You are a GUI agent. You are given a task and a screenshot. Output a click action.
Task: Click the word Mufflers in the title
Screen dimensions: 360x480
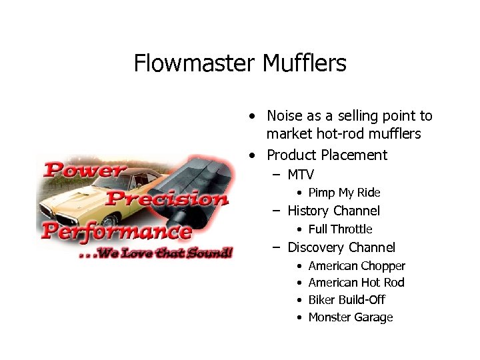[304, 63]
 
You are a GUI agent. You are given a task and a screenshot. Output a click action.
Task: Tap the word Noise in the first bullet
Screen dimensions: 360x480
[285, 116]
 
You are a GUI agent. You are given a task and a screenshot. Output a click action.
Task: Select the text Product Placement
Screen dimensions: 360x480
[327, 155]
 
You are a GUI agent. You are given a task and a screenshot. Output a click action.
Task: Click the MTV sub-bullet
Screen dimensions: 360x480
[301, 175]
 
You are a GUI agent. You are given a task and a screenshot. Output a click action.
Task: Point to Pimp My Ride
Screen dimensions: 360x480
[344, 193]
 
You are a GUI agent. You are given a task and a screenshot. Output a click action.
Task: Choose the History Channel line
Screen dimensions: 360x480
[333, 211]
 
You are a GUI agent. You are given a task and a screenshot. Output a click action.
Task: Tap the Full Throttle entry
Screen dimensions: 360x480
[340, 229]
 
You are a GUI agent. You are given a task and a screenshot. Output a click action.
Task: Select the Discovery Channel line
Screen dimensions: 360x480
[341, 247]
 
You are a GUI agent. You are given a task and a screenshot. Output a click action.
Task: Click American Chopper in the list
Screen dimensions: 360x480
[357, 266]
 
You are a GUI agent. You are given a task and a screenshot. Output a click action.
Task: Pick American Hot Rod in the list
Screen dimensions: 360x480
[356, 283]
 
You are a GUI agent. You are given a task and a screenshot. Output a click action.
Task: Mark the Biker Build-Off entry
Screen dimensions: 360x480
[347, 300]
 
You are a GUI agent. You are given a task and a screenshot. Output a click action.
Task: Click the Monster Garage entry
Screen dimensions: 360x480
[351, 317]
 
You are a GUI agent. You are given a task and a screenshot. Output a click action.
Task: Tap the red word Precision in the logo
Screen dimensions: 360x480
[167, 198]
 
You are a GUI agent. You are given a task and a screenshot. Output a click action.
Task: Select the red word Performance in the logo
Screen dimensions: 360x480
[116, 231]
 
